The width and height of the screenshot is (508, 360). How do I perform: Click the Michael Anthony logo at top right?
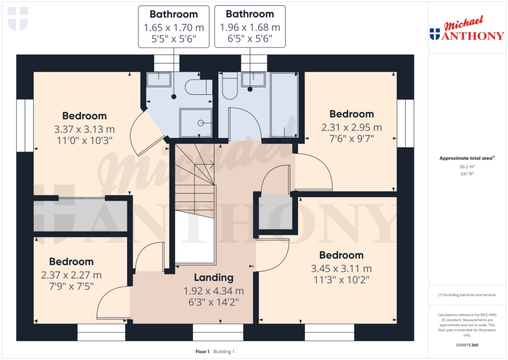pyautogui.click(x=466, y=30)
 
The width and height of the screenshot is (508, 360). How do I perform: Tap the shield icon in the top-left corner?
pyautogui.click(x=18, y=19)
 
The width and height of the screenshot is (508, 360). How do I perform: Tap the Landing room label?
pyautogui.click(x=213, y=278)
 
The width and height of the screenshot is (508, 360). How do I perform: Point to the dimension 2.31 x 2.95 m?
pyautogui.click(x=351, y=128)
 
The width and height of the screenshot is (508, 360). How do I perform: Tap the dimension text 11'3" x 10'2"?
pyautogui.click(x=341, y=279)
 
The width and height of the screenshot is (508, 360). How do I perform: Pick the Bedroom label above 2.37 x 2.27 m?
pyautogui.click(x=71, y=262)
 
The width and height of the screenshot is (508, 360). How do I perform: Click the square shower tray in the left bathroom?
pyautogui.click(x=195, y=123)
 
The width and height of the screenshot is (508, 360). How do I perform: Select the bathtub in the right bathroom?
pyautogui.click(x=284, y=104)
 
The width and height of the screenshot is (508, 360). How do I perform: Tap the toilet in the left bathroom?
pyautogui.click(x=196, y=88)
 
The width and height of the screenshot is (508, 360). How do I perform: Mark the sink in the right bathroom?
pyautogui.click(x=253, y=80)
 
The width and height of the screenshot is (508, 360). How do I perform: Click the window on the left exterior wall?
pyautogui.click(x=25, y=126)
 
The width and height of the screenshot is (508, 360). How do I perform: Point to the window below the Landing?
pyautogui.click(x=218, y=332)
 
